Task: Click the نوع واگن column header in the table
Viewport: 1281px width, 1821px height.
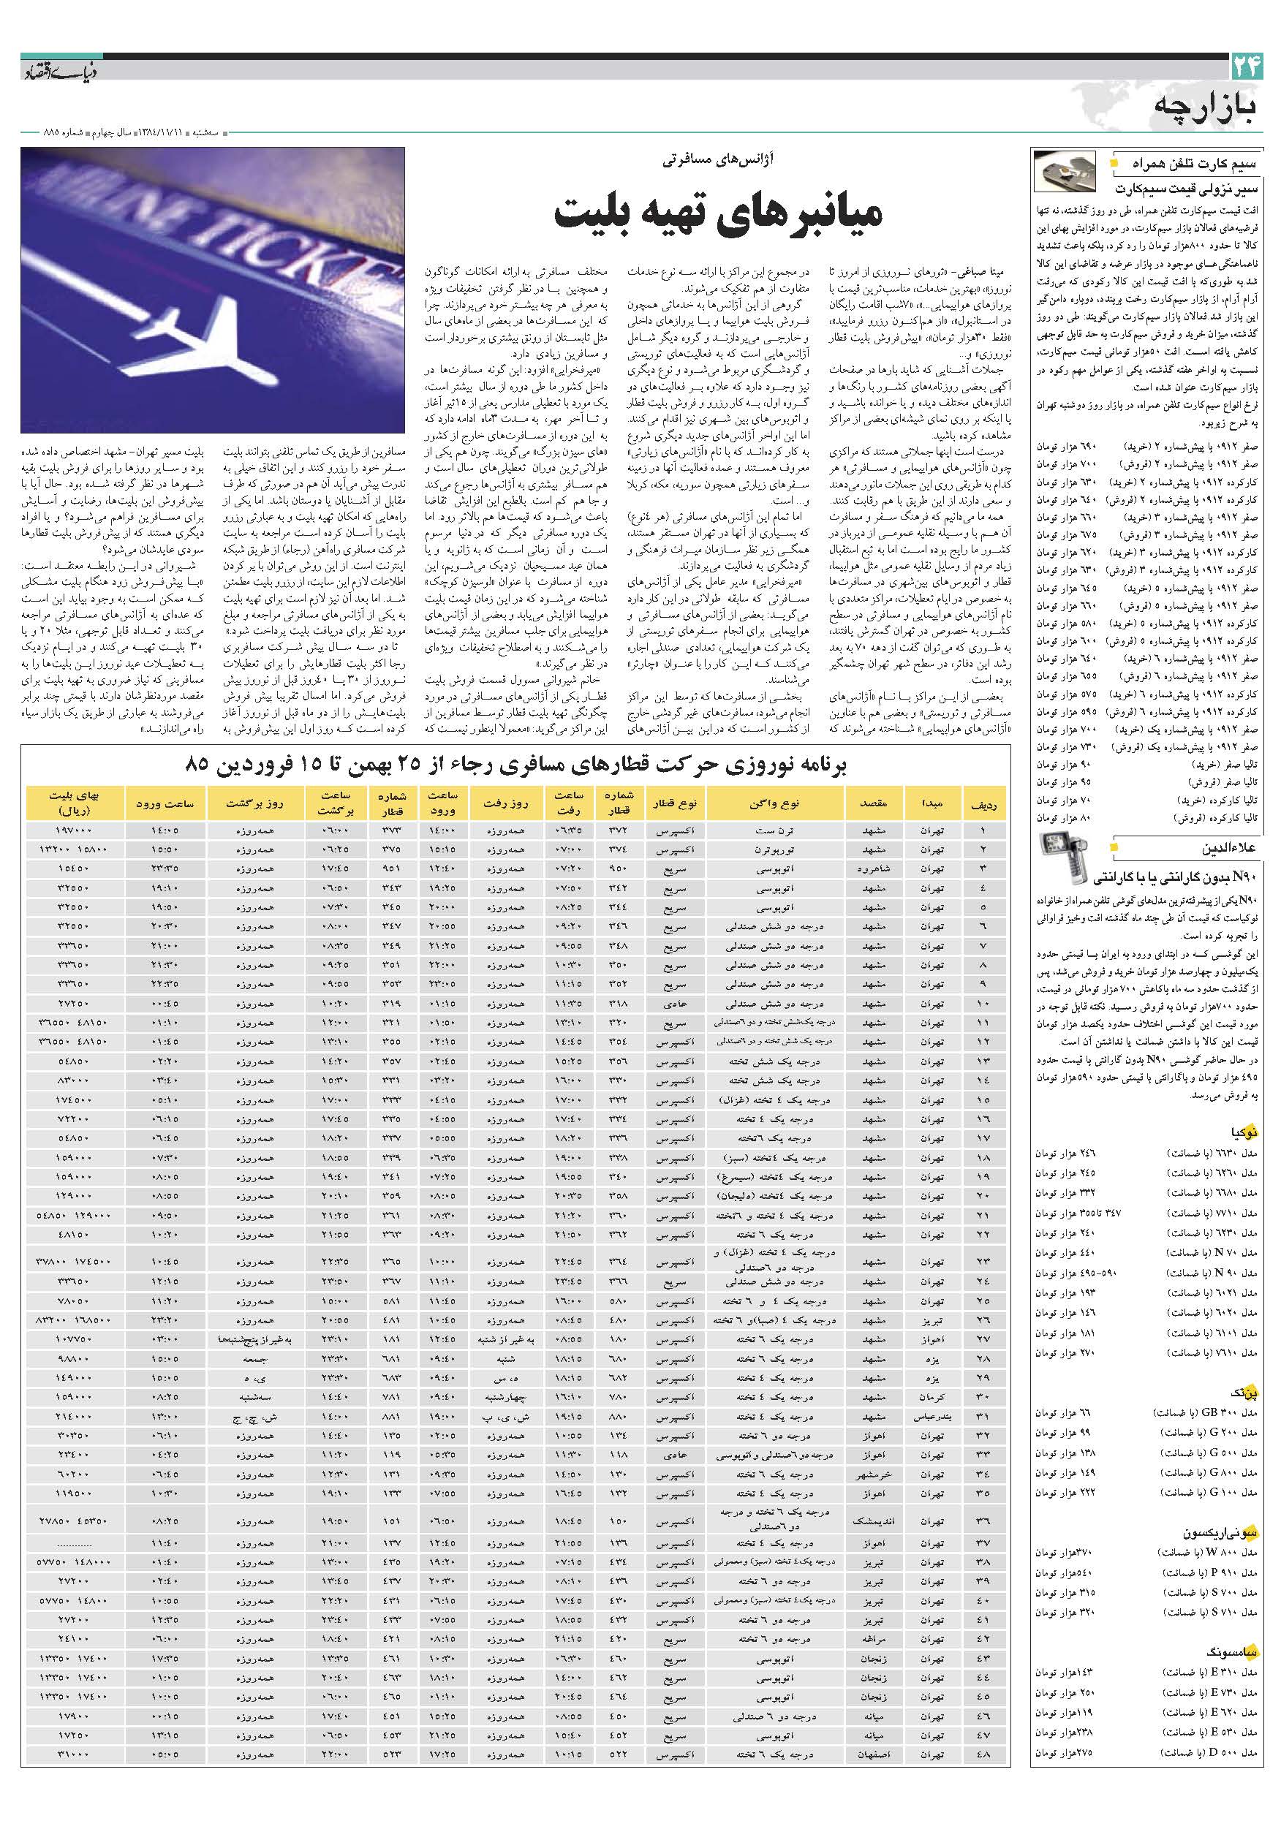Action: click(774, 803)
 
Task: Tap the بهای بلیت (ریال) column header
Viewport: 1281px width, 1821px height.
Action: click(75, 803)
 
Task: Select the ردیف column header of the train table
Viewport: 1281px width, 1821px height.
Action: click(983, 803)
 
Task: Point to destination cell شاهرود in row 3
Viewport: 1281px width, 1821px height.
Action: click(873, 868)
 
